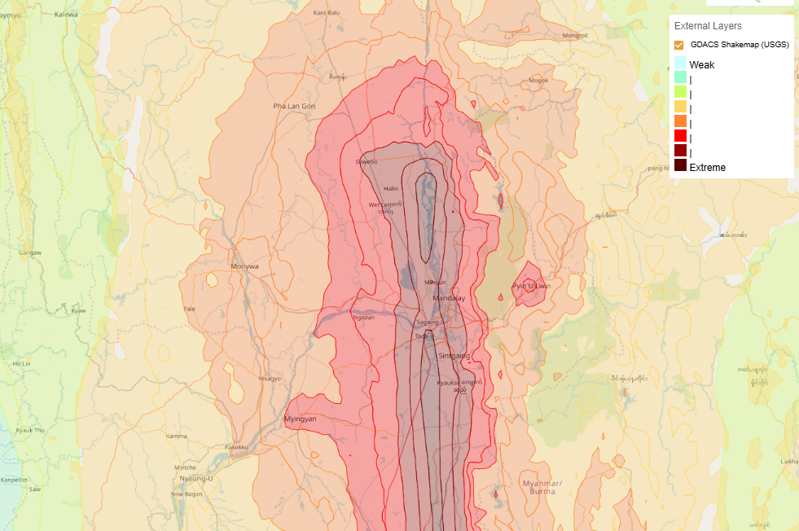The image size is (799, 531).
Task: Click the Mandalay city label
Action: tap(448, 299)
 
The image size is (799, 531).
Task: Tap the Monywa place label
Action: tap(244, 266)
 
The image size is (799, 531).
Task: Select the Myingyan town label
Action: tap(299, 419)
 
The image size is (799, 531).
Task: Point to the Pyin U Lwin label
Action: tap(531, 286)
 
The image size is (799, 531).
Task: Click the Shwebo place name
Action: tap(367, 161)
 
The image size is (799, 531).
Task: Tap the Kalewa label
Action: tap(65, 15)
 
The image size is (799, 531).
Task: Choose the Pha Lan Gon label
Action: tap(294, 106)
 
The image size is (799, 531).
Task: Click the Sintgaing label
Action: tap(454, 356)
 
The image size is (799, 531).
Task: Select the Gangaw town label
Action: tap(30, 253)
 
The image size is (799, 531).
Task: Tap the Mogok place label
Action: tap(538, 81)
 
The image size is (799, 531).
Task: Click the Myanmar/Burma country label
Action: tap(538, 487)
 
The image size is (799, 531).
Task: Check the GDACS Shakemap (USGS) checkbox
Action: tap(679, 45)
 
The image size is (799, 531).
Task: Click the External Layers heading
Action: tap(707, 26)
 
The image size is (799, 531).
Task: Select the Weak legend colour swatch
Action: tap(680, 64)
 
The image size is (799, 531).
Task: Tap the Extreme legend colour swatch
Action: tap(680, 166)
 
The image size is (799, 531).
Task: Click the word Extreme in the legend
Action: tap(707, 167)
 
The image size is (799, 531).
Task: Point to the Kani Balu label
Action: tap(327, 13)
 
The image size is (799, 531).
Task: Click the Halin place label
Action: tap(391, 188)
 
